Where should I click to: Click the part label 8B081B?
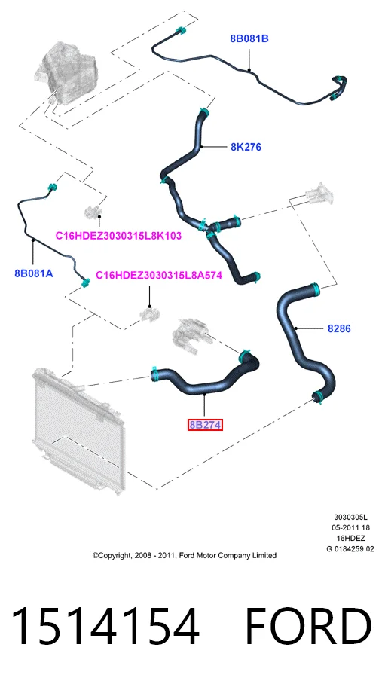pos(249,38)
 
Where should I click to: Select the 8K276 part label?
pos(246,147)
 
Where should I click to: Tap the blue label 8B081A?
pos(34,273)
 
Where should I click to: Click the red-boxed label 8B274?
pos(205,425)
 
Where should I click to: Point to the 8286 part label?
pos(339,328)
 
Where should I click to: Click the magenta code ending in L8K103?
pos(118,236)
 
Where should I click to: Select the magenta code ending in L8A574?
pos(159,275)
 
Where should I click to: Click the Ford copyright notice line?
pos(184,555)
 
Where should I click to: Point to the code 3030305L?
pos(351,518)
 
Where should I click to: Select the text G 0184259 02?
pos(350,548)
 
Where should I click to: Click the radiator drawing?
pos(78,429)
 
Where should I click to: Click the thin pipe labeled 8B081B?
pos(249,70)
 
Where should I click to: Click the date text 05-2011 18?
pos(351,528)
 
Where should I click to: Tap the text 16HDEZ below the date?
pos(351,539)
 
